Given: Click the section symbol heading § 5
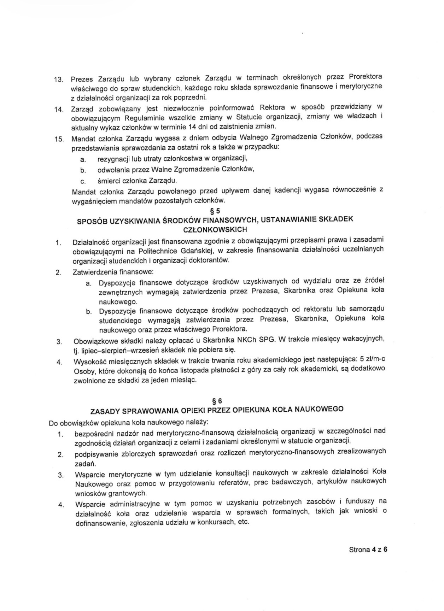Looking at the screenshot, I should tap(215, 211).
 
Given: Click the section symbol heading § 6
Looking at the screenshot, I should tap(217, 401).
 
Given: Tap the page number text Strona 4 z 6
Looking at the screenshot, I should tap(368, 550).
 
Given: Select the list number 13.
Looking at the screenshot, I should tap(58, 80).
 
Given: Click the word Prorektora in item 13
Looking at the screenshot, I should tap(365, 76).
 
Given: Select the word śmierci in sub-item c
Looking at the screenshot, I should tap(108, 181).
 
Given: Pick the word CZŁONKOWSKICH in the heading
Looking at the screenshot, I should tap(215, 230).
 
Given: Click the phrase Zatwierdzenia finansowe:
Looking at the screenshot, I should tap(113, 272).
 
